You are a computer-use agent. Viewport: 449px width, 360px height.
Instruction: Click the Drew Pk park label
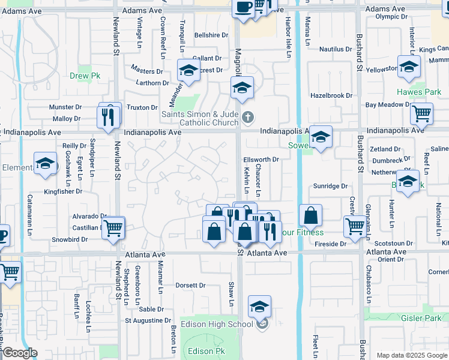[84, 76]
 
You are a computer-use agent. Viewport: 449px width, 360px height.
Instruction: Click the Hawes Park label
[419, 92]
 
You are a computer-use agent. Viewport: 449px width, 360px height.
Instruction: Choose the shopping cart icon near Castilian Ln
[113, 229]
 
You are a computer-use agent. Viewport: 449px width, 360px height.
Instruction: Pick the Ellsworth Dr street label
[261, 160]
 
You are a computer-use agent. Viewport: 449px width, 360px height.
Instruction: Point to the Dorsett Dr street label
[191, 286]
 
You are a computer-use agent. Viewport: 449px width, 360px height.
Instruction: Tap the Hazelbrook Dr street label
[331, 95]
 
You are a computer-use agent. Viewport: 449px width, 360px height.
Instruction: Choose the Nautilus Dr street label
[335, 49]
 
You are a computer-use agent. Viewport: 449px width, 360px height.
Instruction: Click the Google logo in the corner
[20, 353]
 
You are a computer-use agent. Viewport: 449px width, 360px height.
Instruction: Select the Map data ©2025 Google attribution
[412, 355]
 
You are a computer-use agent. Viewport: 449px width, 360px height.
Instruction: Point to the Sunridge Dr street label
[330, 187]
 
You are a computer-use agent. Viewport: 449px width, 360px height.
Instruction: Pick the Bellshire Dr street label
[211, 35]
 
